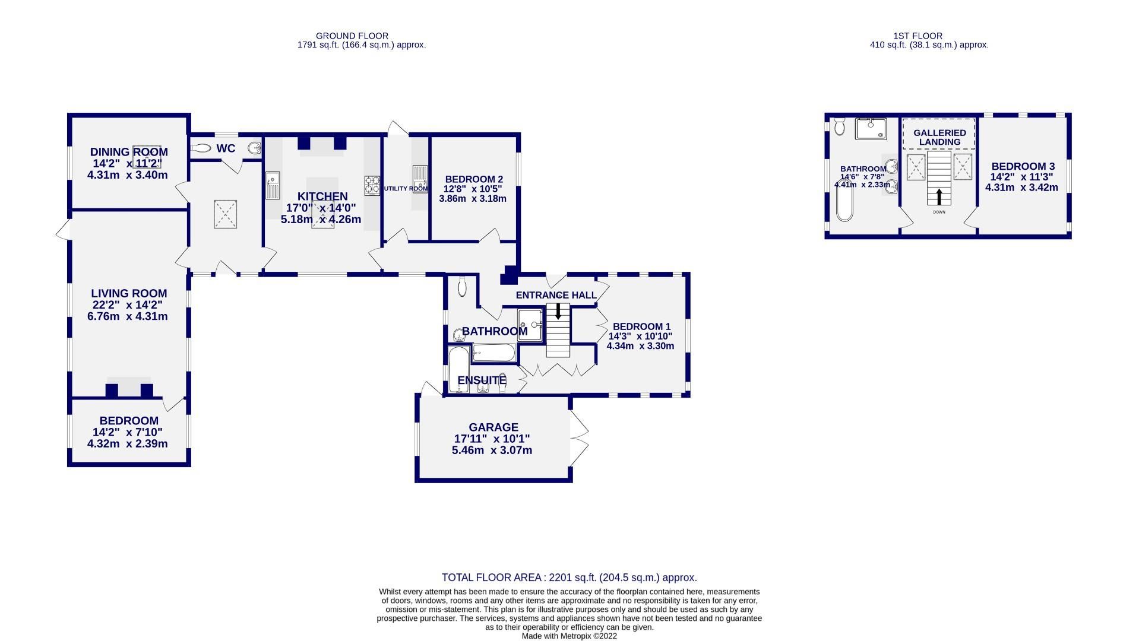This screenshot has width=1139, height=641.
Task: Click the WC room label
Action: (226, 148)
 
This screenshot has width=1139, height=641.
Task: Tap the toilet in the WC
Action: (202, 148)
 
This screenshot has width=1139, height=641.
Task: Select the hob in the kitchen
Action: (372, 185)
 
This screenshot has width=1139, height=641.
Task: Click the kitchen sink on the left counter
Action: (273, 185)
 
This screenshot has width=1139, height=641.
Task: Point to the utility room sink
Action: (420, 179)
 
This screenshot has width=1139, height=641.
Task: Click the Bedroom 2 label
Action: (474, 179)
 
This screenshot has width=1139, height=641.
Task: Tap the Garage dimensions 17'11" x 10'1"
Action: (492, 439)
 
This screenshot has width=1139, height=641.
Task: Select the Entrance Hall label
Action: (556, 296)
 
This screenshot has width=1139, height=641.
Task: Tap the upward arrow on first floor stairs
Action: (939, 196)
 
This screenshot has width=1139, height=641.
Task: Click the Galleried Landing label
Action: (939, 137)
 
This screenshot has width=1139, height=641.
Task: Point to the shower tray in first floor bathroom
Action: (871, 129)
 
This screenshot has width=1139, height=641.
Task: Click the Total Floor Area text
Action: (569, 577)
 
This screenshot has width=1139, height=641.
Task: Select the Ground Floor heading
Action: (352, 36)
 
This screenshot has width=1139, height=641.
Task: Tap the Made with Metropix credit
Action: (569, 636)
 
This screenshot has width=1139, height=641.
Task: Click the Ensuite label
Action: (481, 380)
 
